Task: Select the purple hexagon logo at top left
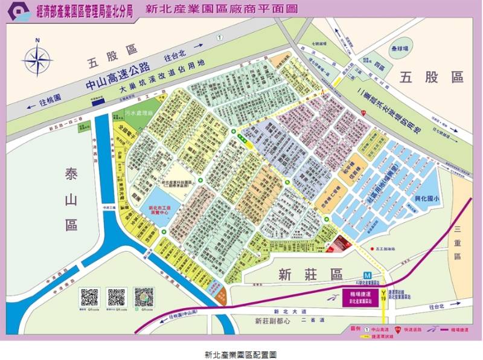(16, 10)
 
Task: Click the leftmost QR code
(89, 297)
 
